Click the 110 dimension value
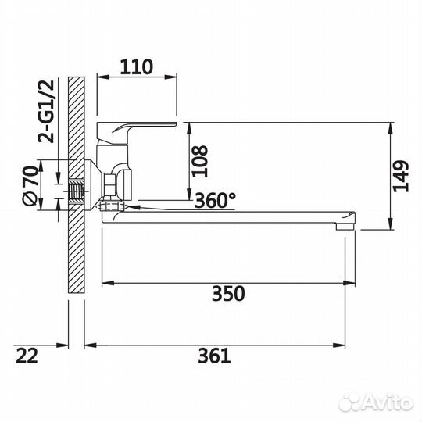coord(137,66)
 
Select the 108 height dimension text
coord(200,161)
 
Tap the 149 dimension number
coord(401,177)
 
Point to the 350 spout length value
coord(228,294)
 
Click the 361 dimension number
coord(214,356)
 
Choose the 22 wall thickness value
coord(27,356)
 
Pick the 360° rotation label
coord(215,201)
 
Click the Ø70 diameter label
coord(30,186)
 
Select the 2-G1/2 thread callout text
coord(46,111)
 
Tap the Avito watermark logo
coord(376,402)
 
